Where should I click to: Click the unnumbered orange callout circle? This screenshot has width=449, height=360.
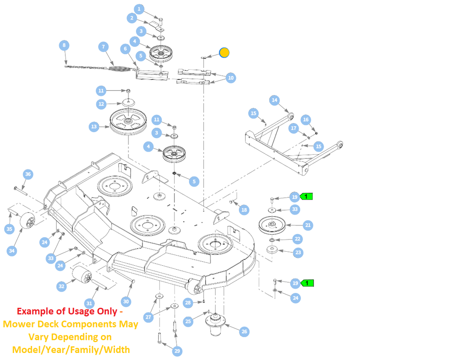coord(224,53)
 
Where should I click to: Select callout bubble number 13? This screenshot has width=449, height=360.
coord(93,127)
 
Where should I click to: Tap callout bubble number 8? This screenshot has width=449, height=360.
coord(64,45)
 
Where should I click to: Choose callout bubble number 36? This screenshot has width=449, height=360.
coord(28,174)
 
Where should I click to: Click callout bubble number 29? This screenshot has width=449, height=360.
coord(177,351)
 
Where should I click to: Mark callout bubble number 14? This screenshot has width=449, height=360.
coord(274,100)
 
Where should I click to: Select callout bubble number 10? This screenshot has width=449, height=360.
coord(231,78)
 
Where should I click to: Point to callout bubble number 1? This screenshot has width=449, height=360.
coord(139,8)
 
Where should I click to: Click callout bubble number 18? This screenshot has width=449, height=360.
coord(244,210)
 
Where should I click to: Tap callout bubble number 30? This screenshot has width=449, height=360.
coord(126,301)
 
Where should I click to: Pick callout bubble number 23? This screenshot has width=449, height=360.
coord(298,252)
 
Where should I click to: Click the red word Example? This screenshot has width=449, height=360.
coord(34,311)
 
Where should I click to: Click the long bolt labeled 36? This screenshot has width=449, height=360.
coord(20,190)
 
